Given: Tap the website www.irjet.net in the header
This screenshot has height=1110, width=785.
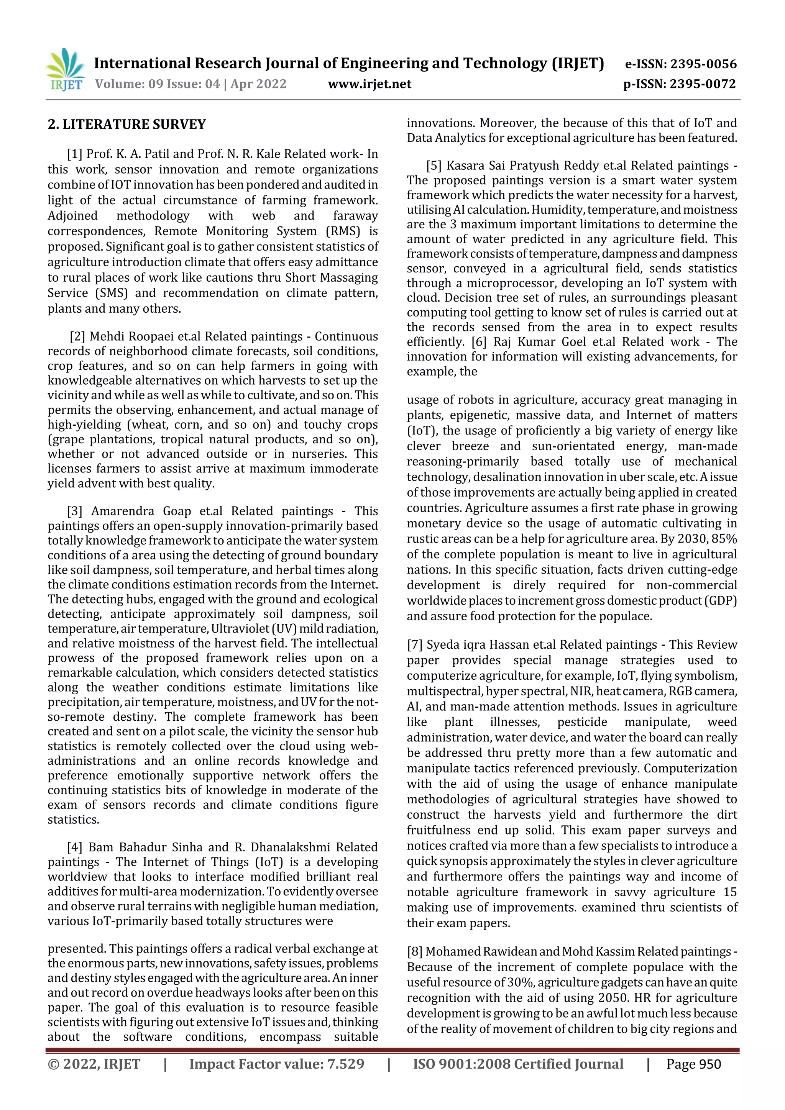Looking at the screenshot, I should tap(370, 84).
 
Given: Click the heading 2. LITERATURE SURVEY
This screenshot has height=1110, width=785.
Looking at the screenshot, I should tap(127, 125).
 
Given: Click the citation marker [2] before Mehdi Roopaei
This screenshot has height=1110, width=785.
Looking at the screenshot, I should tap(77, 336).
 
